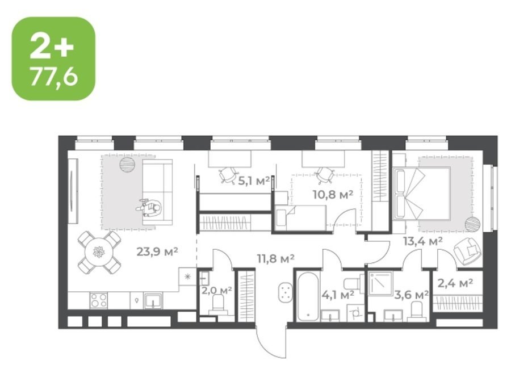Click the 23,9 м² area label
click(157, 251)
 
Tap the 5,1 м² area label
click(254, 181)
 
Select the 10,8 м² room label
click(333, 195)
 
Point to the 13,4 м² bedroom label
click(422, 241)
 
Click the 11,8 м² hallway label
click(276, 259)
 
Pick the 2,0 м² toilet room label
click(216, 290)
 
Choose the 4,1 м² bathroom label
click(338, 295)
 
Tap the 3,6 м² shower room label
click(411, 295)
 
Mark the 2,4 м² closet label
click(455, 283)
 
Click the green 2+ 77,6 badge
click(53, 58)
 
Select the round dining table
click(99, 252)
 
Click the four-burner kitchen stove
click(99, 300)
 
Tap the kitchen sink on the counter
click(153, 300)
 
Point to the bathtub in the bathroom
click(308, 296)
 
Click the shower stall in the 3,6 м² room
click(380, 283)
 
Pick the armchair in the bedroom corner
click(467, 251)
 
